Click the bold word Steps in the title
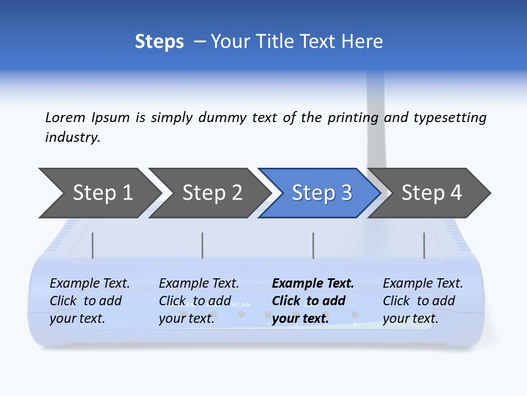[159, 42]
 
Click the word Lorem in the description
[65, 118]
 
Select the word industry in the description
[72, 137]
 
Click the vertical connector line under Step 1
[93, 245]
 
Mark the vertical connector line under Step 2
[203, 245]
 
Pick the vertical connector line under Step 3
[313, 245]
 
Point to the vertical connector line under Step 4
[424, 245]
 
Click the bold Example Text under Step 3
[313, 284]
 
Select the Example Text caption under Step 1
[89, 284]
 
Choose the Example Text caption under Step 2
[199, 284]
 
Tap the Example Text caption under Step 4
[423, 284]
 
